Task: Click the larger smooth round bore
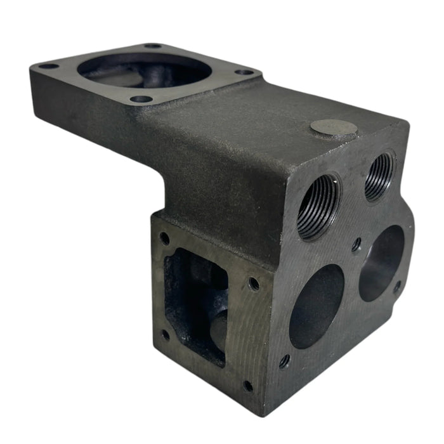click(x=317, y=305)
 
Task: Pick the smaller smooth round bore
click(x=382, y=263)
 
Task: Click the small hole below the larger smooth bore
click(x=284, y=362)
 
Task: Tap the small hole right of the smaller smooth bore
click(x=398, y=287)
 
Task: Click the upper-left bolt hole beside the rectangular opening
click(x=165, y=238)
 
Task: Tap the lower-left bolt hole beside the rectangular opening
click(x=165, y=334)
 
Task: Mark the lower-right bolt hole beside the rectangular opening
click(x=248, y=385)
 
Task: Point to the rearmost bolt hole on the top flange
click(x=153, y=46)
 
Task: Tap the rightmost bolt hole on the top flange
click(x=245, y=72)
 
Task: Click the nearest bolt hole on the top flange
click(x=141, y=99)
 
